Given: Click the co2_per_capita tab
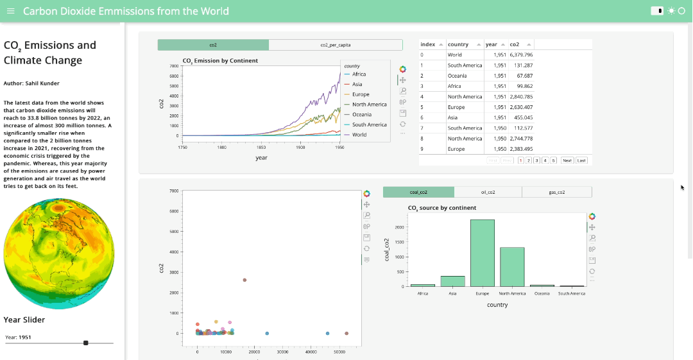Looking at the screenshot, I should (x=335, y=45).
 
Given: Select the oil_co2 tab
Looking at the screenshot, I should (x=488, y=192).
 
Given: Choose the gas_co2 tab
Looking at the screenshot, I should (x=556, y=192).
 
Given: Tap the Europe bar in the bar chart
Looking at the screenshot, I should (x=483, y=253).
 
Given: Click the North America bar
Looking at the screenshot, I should (x=512, y=266).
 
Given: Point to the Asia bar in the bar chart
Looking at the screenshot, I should (x=452, y=281).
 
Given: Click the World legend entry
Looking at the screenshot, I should (x=359, y=135).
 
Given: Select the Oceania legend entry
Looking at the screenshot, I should (x=361, y=115).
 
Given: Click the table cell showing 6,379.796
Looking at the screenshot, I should (x=521, y=55).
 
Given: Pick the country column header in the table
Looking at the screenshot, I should (x=458, y=44).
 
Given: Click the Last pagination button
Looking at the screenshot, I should (x=581, y=160).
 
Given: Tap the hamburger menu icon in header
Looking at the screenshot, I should (x=10, y=11).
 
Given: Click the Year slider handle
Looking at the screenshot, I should (x=86, y=343).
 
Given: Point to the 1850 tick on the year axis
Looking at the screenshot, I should (x=261, y=147).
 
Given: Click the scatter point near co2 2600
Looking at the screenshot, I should (x=244, y=280).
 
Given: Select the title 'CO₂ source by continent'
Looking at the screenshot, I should (x=442, y=208).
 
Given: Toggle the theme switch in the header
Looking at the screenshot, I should (x=657, y=11).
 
